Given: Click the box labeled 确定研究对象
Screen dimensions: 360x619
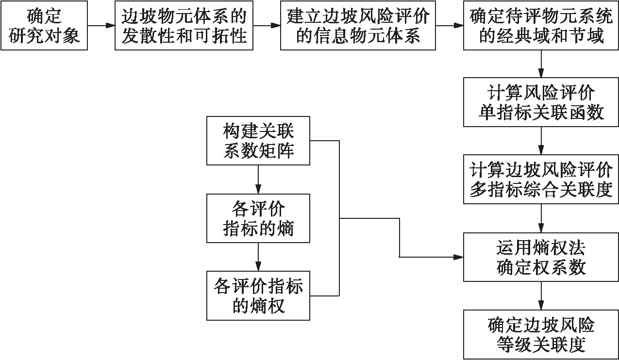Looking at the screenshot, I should pyautogui.click(x=44, y=26).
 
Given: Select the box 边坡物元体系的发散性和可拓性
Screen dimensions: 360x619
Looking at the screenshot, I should pyautogui.click(x=184, y=26).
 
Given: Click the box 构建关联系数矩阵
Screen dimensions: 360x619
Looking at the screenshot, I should pyautogui.click(x=258, y=141).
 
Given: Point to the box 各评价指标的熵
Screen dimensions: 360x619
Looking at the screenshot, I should pyautogui.click(x=258, y=218).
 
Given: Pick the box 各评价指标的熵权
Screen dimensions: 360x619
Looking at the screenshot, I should pyautogui.click(x=258, y=296).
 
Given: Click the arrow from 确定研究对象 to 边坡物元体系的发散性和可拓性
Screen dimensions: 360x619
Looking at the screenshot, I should pyautogui.click(x=101, y=26).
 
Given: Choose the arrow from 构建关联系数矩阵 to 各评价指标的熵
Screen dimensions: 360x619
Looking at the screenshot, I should pyautogui.click(x=258, y=180).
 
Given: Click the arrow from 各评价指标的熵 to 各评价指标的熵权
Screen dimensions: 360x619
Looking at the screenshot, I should pyautogui.click(x=258, y=257).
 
